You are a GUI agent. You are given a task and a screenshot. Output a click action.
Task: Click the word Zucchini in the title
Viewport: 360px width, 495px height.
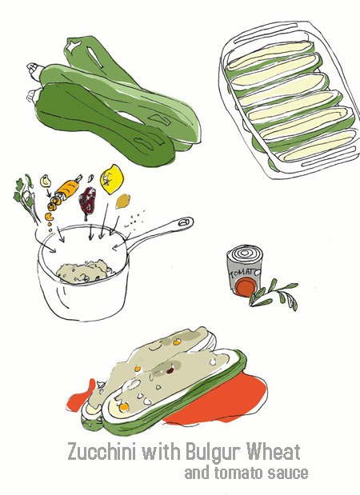pyautogui.click(x=102, y=452)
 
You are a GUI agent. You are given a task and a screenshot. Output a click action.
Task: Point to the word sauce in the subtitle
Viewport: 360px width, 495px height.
pyautogui.click(x=288, y=473)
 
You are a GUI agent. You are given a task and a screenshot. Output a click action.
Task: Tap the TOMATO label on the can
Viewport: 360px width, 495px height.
pyautogui.click(x=245, y=273)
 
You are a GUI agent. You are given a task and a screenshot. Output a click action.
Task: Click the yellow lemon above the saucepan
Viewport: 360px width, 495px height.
pyautogui.click(x=111, y=179)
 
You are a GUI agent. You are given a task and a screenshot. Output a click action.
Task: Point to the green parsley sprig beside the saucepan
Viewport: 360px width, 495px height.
pyautogui.click(x=26, y=197)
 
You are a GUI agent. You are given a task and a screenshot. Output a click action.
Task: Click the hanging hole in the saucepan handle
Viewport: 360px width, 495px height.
pyautogui.click(x=184, y=222)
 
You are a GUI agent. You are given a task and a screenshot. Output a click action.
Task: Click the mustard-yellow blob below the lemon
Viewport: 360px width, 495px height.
pyautogui.click(x=123, y=202)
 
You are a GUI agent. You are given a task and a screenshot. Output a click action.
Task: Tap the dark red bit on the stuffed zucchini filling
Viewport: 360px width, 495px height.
pyautogui.click(x=170, y=369)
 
